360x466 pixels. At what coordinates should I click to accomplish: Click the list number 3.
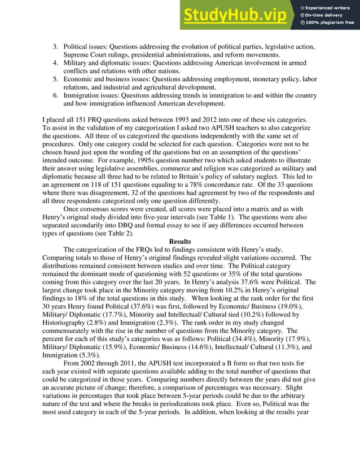[55, 46]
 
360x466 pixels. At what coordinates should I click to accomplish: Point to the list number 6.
[55, 95]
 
